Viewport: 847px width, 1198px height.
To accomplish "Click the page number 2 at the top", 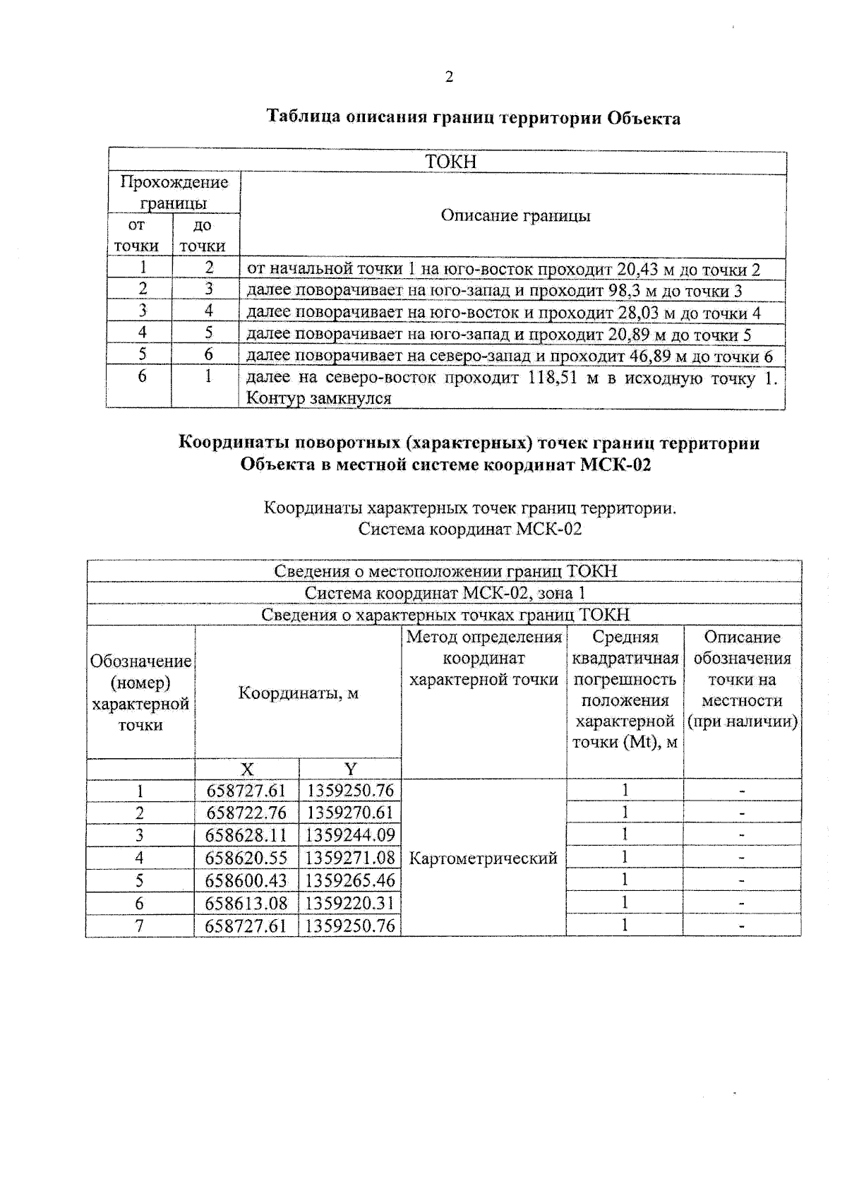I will pyautogui.click(x=449, y=77).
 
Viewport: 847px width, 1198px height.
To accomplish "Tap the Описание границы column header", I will pyautogui.click(x=515, y=216).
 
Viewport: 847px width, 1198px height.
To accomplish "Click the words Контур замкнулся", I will pyautogui.click(x=318, y=398).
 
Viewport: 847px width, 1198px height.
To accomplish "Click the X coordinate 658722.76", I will pyautogui.click(x=246, y=813).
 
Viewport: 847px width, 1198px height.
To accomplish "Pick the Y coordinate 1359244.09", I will pyautogui.click(x=350, y=835).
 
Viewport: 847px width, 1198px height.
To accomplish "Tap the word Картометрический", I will pyautogui.click(x=483, y=858).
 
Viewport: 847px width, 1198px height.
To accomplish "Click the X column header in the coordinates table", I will pyautogui.click(x=247, y=769).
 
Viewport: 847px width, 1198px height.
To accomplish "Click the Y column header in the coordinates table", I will pyautogui.click(x=350, y=769).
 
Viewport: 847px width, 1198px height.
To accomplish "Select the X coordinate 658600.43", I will pyautogui.click(x=246, y=880).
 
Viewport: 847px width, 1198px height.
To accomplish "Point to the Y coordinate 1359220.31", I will pyautogui.click(x=350, y=903).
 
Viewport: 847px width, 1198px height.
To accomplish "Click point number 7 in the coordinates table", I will pyautogui.click(x=140, y=926).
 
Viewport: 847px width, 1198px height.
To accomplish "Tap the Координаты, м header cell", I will pyautogui.click(x=298, y=693).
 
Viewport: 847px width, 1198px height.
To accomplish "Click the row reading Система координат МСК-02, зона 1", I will pyautogui.click(x=445, y=593).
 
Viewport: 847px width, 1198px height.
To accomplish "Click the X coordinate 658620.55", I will pyautogui.click(x=246, y=858).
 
